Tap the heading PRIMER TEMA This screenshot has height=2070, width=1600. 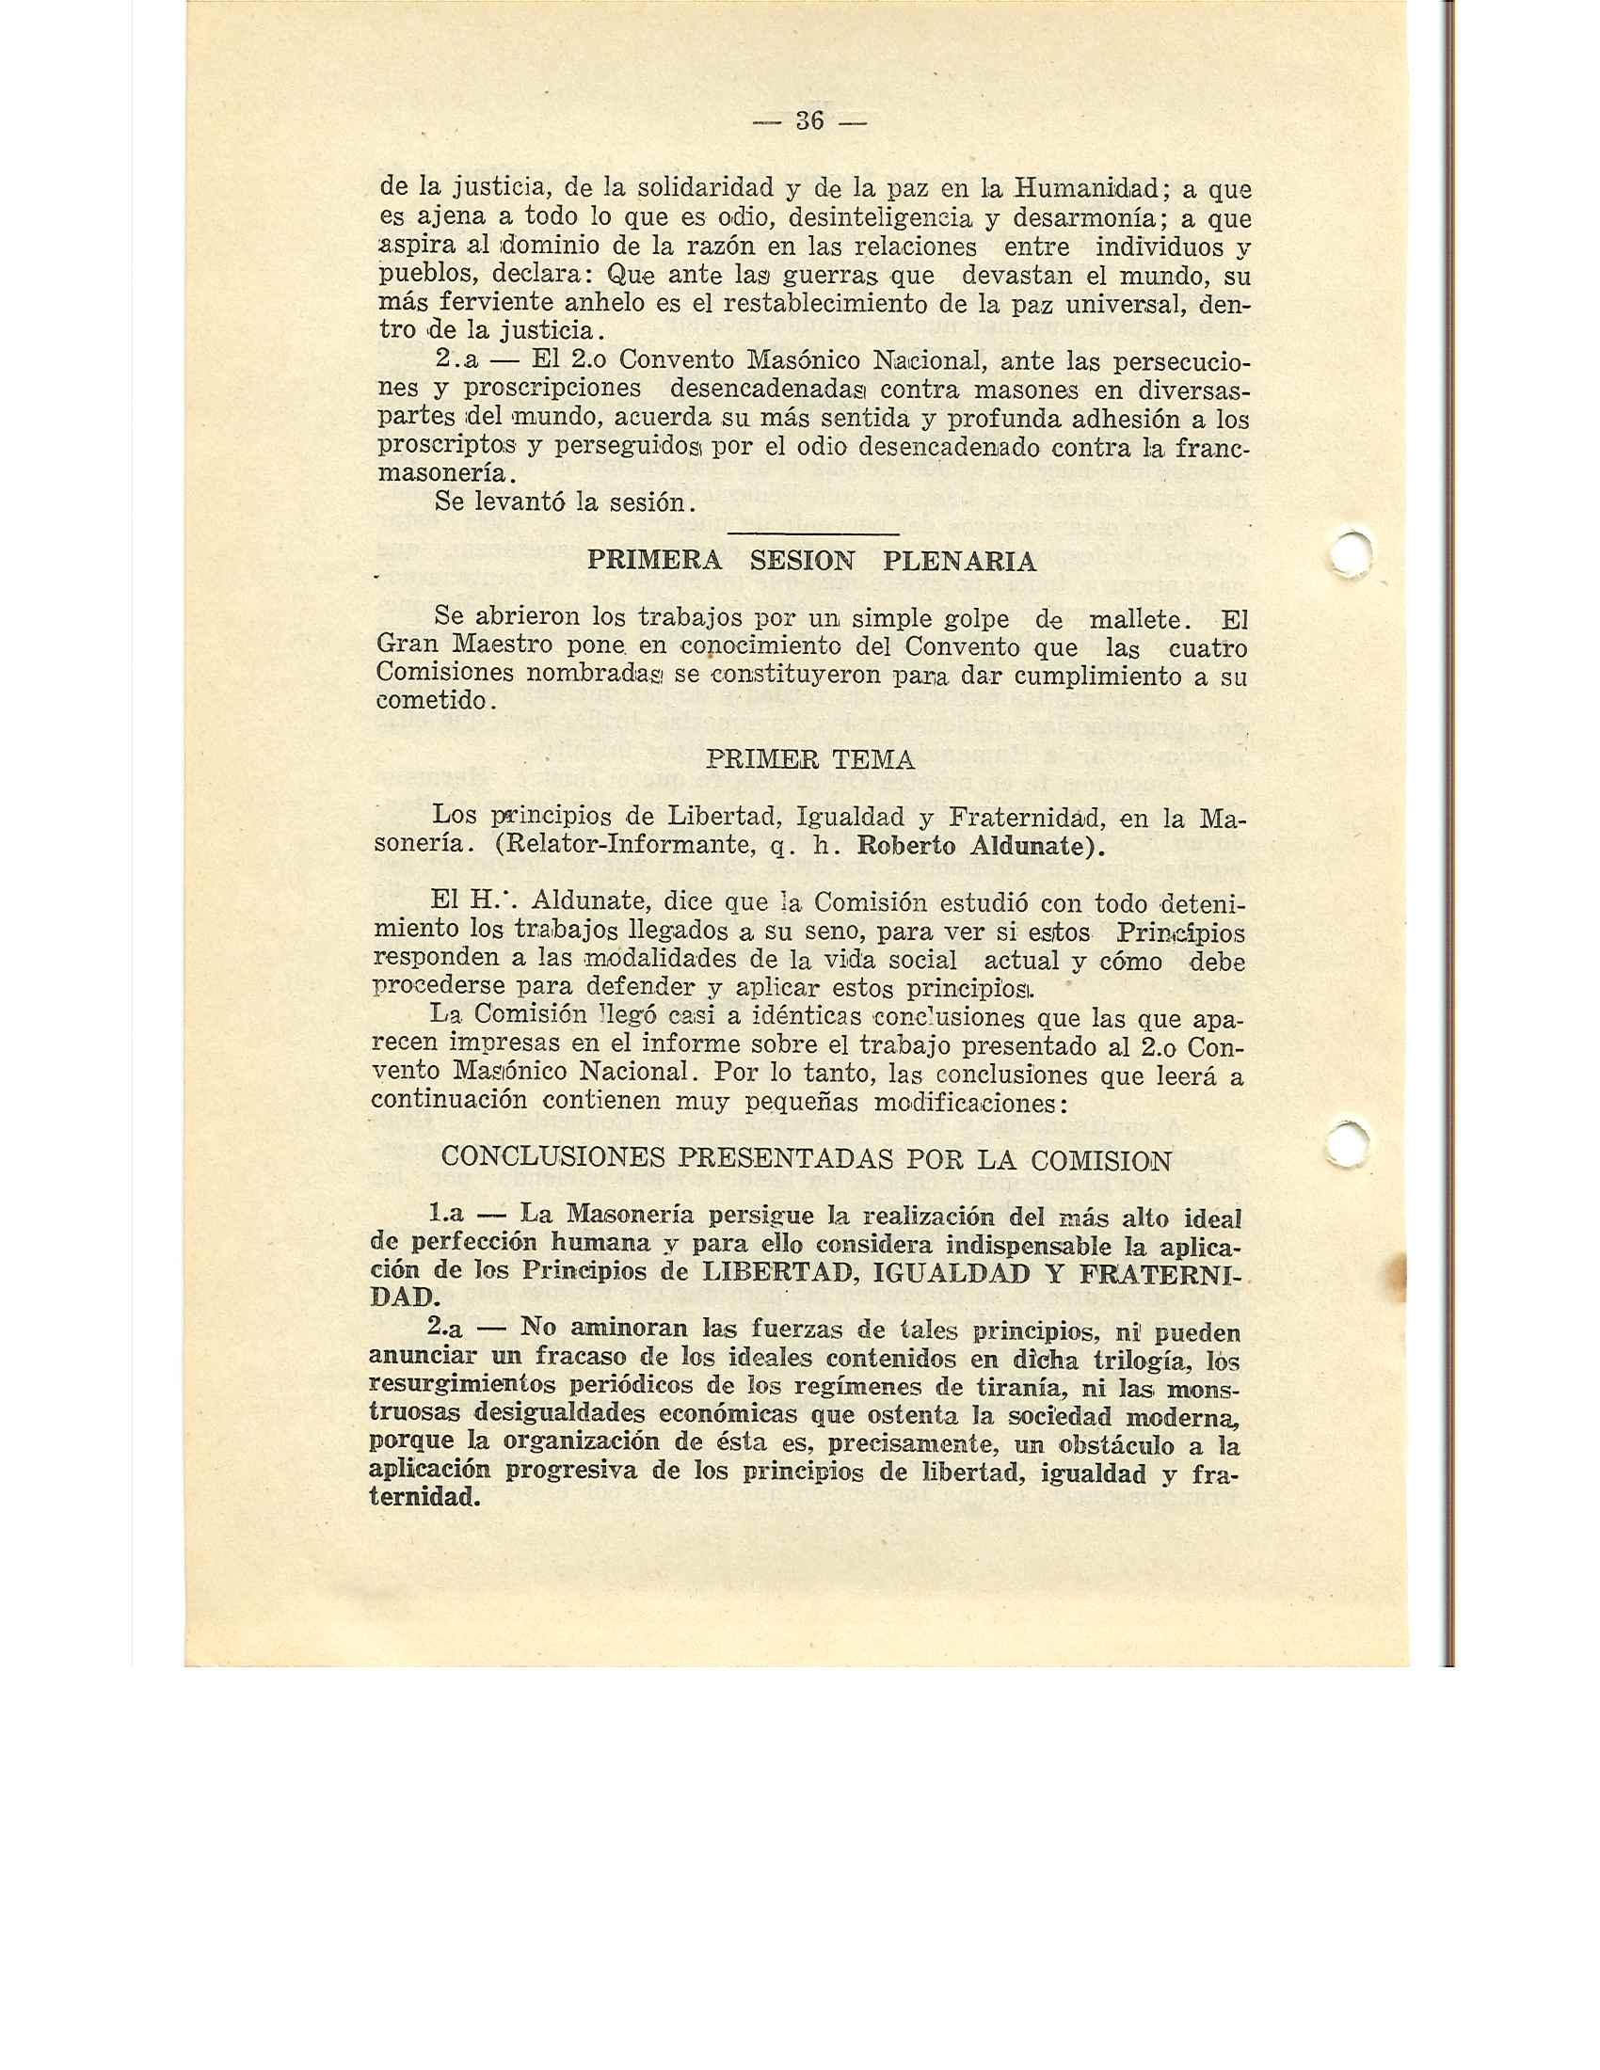point(810,759)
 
